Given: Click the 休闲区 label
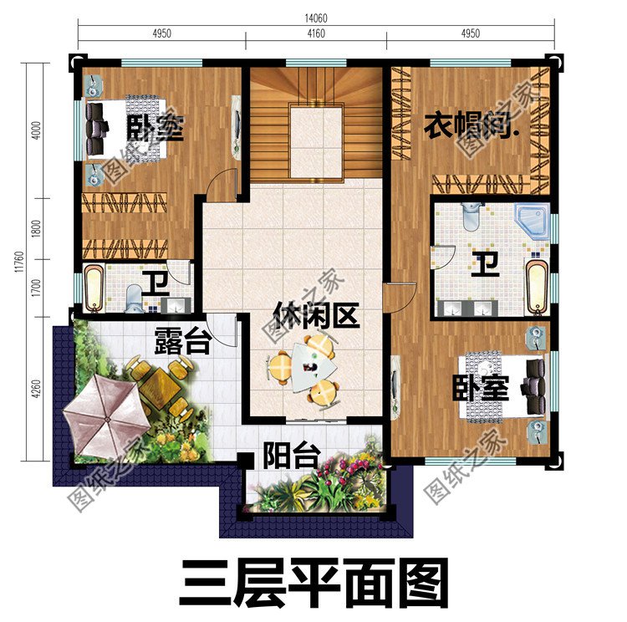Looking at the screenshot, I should tap(316, 316).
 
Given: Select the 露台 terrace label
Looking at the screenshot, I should tap(181, 341).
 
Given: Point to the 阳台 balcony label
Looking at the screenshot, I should tap(292, 456).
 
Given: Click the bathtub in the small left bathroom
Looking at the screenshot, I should tap(94, 287).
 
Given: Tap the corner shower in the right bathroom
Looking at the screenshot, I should tap(532, 218).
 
